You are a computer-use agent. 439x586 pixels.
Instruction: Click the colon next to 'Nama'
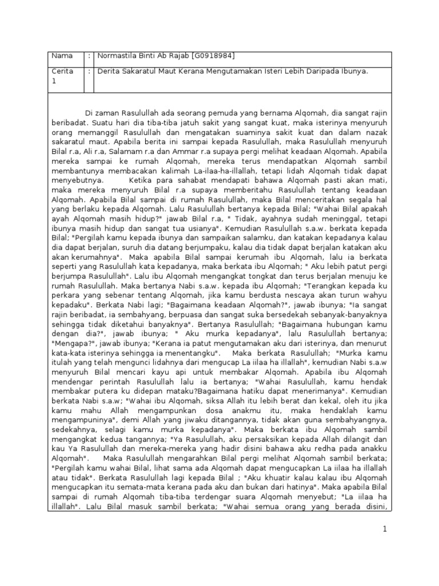click(x=90, y=56)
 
